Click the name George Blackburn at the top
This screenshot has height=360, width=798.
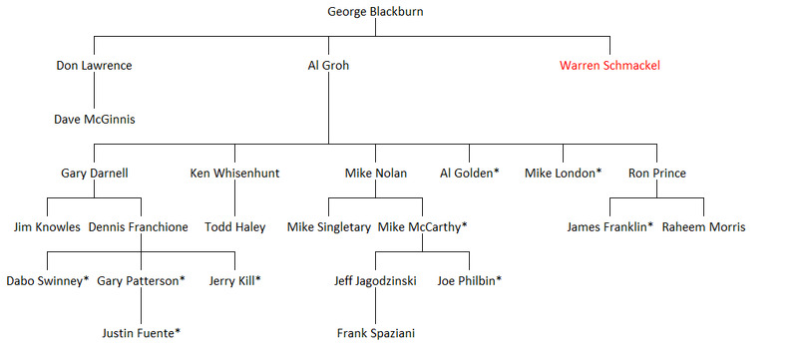pos(375,12)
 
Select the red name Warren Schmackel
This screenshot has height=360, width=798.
pos(609,66)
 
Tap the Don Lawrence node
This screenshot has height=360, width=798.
pos(94,66)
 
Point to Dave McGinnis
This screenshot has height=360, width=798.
pos(95,120)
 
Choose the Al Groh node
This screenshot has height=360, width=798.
pos(328,66)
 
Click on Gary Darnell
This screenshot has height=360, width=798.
pos(94,174)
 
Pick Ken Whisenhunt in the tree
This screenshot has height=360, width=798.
pos(234,174)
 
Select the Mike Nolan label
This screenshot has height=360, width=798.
pos(376,174)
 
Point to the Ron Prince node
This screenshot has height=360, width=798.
pos(657,174)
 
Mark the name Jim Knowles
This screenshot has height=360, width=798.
pos(47,227)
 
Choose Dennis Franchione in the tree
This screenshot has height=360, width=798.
pos(139,227)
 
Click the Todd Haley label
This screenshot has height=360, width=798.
pos(235,227)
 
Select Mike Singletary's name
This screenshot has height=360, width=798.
pos(329,227)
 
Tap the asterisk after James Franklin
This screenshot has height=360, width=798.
pos(650,225)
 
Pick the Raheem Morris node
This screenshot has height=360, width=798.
pos(704,227)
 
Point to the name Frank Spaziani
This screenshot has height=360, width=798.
pos(376,333)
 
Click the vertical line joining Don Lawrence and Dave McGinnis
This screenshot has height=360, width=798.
pos(94,93)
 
